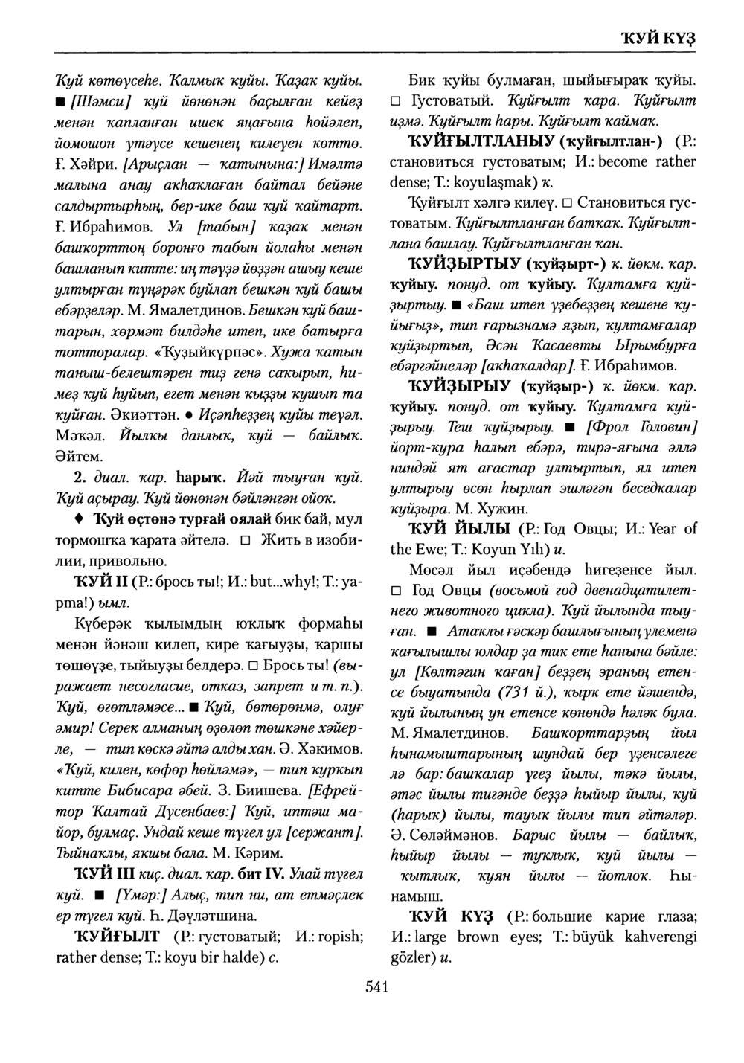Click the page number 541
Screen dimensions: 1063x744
coord(378,986)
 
